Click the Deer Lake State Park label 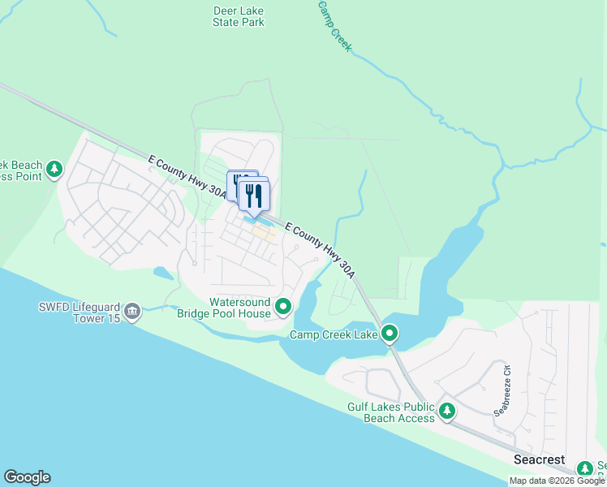tap(238, 16)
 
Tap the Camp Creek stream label tap(334, 27)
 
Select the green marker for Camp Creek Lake tap(390, 333)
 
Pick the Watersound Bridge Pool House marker tap(283, 306)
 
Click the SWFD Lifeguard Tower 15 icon tap(132, 311)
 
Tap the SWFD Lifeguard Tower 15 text tap(79, 312)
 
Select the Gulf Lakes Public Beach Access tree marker tap(447, 412)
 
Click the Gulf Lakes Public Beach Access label tap(391, 412)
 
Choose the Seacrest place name tap(540, 459)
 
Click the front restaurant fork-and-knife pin tap(254, 196)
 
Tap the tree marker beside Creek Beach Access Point tap(54, 169)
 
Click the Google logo tap(27, 477)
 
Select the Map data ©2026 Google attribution tap(557, 481)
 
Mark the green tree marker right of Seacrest tap(584, 468)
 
